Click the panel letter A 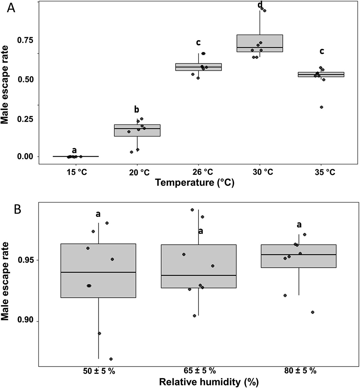point(11,8)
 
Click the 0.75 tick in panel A point(26,40)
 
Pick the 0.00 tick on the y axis point(26,157)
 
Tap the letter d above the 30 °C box point(260,4)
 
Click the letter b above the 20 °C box point(136,110)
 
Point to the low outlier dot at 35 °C point(322,107)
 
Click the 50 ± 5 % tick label point(99,371)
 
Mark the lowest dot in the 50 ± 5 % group point(111,359)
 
